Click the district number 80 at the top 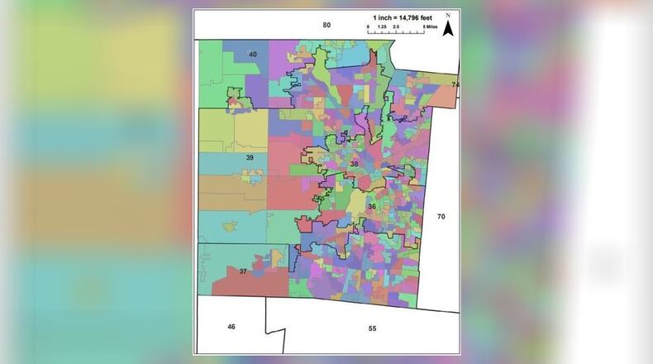[x=326, y=26]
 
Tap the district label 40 [x=253, y=55]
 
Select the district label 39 [x=249, y=156]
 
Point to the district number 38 [x=355, y=164]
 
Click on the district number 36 [x=372, y=206]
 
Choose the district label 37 [x=243, y=271]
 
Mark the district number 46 [x=231, y=327]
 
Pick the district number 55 [x=372, y=328]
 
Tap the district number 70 [x=441, y=216]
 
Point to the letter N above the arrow [x=447, y=16]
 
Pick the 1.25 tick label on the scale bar [x=383, y=27]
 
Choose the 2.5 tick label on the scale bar [x=397, y=27]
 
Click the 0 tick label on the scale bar [x=369, y=27]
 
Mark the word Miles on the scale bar [x=431, y=27]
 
